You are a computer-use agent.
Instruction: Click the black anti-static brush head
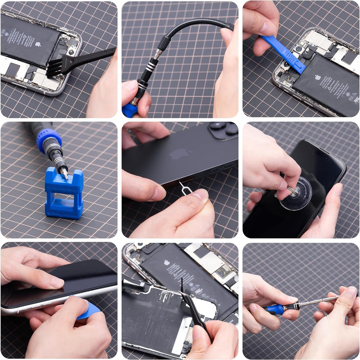tap(62, 67)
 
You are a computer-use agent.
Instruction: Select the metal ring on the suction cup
tap(292, 190)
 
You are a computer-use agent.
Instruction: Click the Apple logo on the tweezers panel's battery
tap(167, 263)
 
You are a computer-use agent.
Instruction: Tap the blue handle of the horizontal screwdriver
tap(275, 309)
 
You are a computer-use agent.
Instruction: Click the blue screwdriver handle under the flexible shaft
tap(130, 110)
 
